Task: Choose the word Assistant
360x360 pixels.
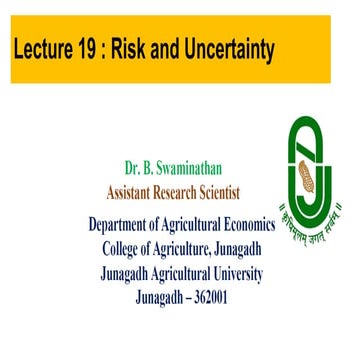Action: [138, 190]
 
